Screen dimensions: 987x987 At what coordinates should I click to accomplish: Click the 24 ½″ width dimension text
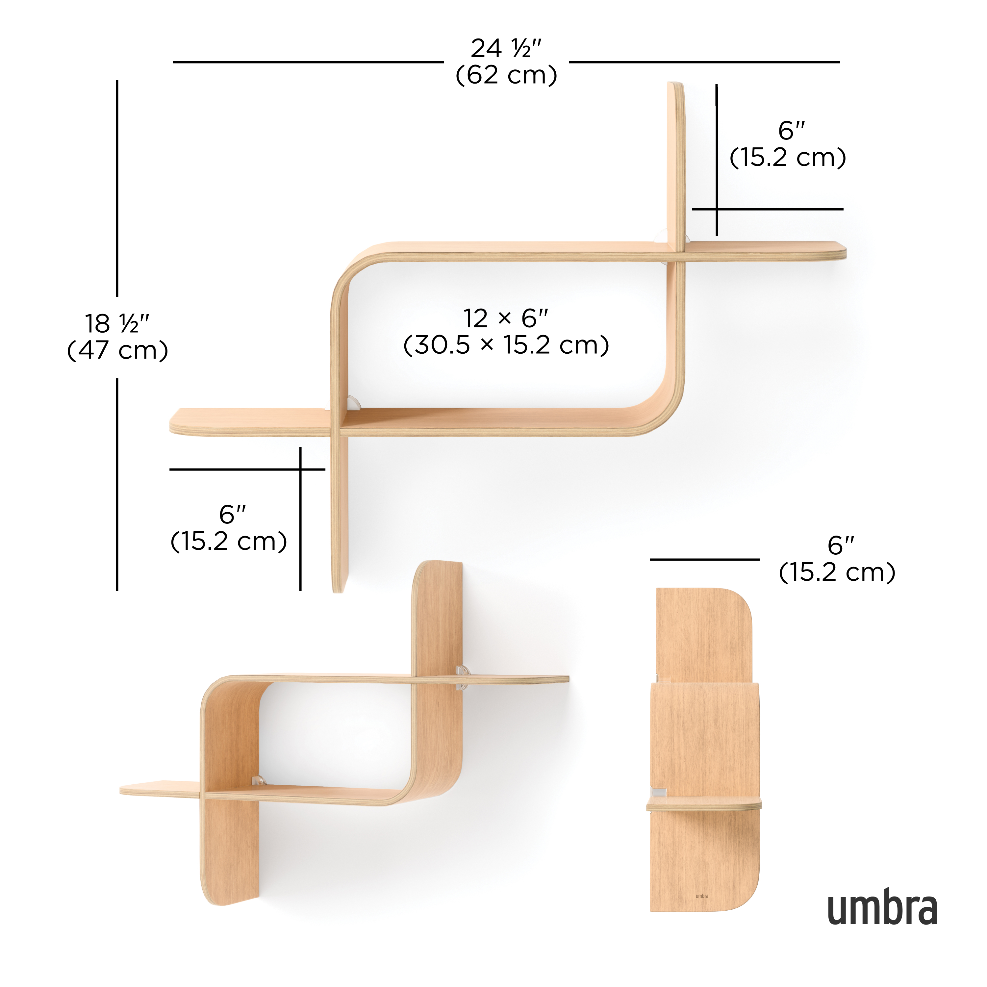505,49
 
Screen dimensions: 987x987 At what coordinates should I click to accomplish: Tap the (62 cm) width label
506,75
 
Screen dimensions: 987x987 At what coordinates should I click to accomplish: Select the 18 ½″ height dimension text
117,323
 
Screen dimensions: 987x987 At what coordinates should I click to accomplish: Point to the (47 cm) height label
117,350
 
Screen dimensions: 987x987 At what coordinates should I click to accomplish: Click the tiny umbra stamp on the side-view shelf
702,896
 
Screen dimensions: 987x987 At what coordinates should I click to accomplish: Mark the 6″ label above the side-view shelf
841,545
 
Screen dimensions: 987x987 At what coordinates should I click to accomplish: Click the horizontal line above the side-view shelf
704,559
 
